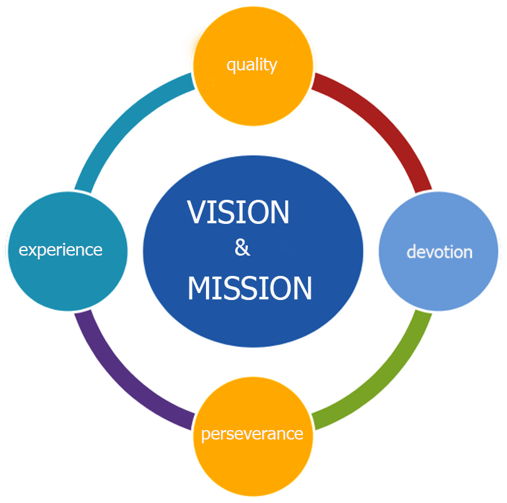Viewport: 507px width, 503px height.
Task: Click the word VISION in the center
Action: pos(238,212)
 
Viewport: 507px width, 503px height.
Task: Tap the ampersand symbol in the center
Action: pos(242,247)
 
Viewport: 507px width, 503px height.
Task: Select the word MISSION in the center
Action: pos(250,289)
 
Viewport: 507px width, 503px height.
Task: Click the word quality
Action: pos(252,65)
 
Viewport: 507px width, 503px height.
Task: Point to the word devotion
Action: pos(439,252)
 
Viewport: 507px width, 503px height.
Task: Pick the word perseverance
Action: pos(252,434)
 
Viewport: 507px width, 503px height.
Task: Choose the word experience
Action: pos(61,249)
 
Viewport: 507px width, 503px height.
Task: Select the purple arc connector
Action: pos(124,374)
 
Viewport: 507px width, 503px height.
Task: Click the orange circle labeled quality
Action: pos(252,89)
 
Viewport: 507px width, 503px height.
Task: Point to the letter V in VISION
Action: pos(196,212)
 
